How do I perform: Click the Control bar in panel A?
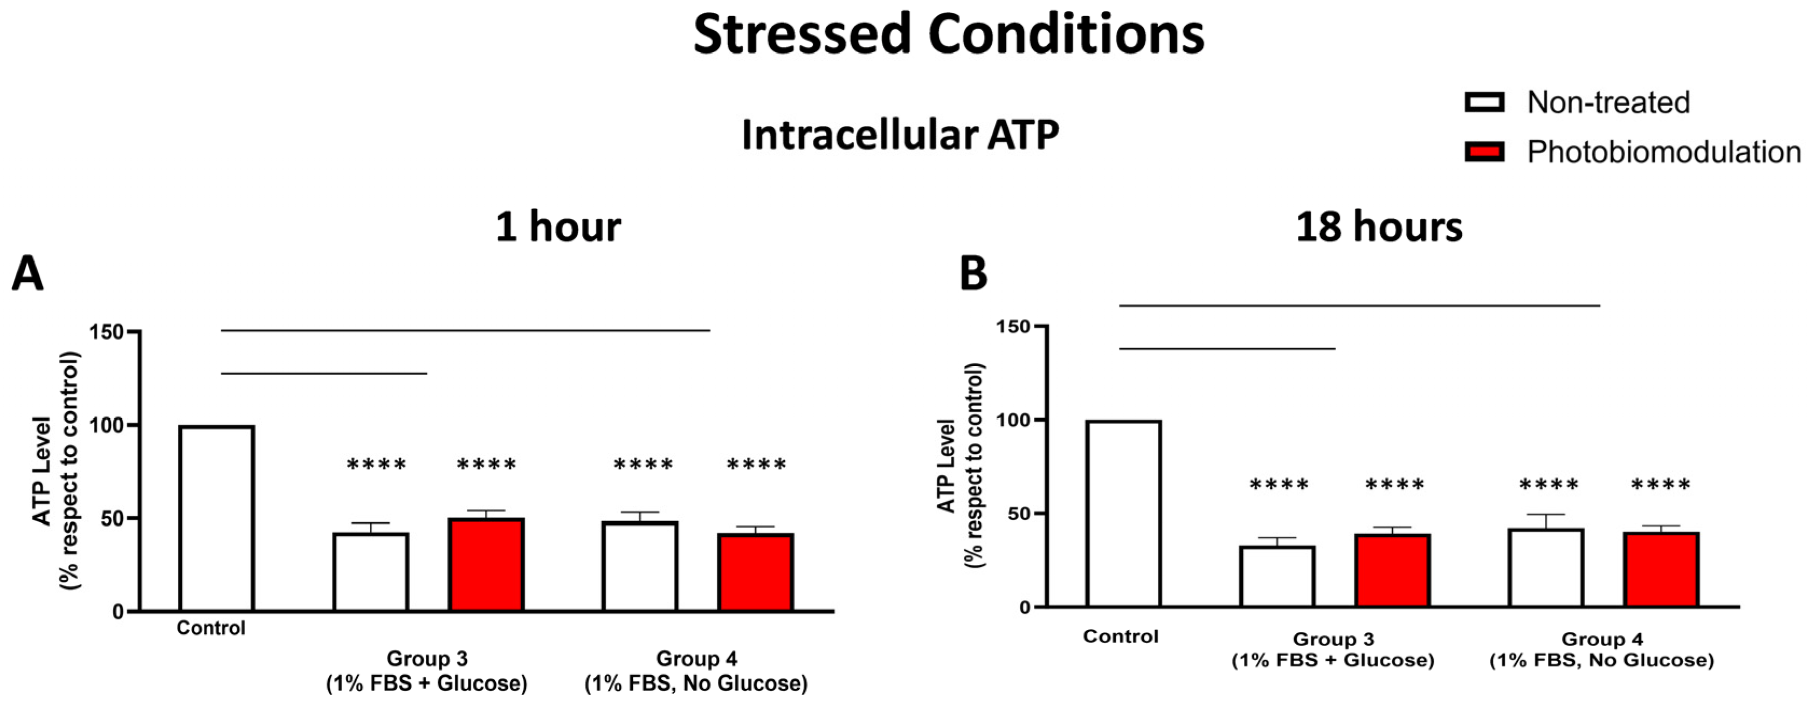217,518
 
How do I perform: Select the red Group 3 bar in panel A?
486,565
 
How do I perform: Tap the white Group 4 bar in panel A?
639,566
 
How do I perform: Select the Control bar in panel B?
1123,514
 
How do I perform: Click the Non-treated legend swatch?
1484,102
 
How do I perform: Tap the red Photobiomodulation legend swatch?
1484,152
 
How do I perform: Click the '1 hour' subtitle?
558,227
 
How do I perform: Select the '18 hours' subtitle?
1379,227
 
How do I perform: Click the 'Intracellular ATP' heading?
900,134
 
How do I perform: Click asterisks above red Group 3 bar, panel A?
486,465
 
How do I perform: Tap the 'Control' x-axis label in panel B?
1120,636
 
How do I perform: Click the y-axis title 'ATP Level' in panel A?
42,470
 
